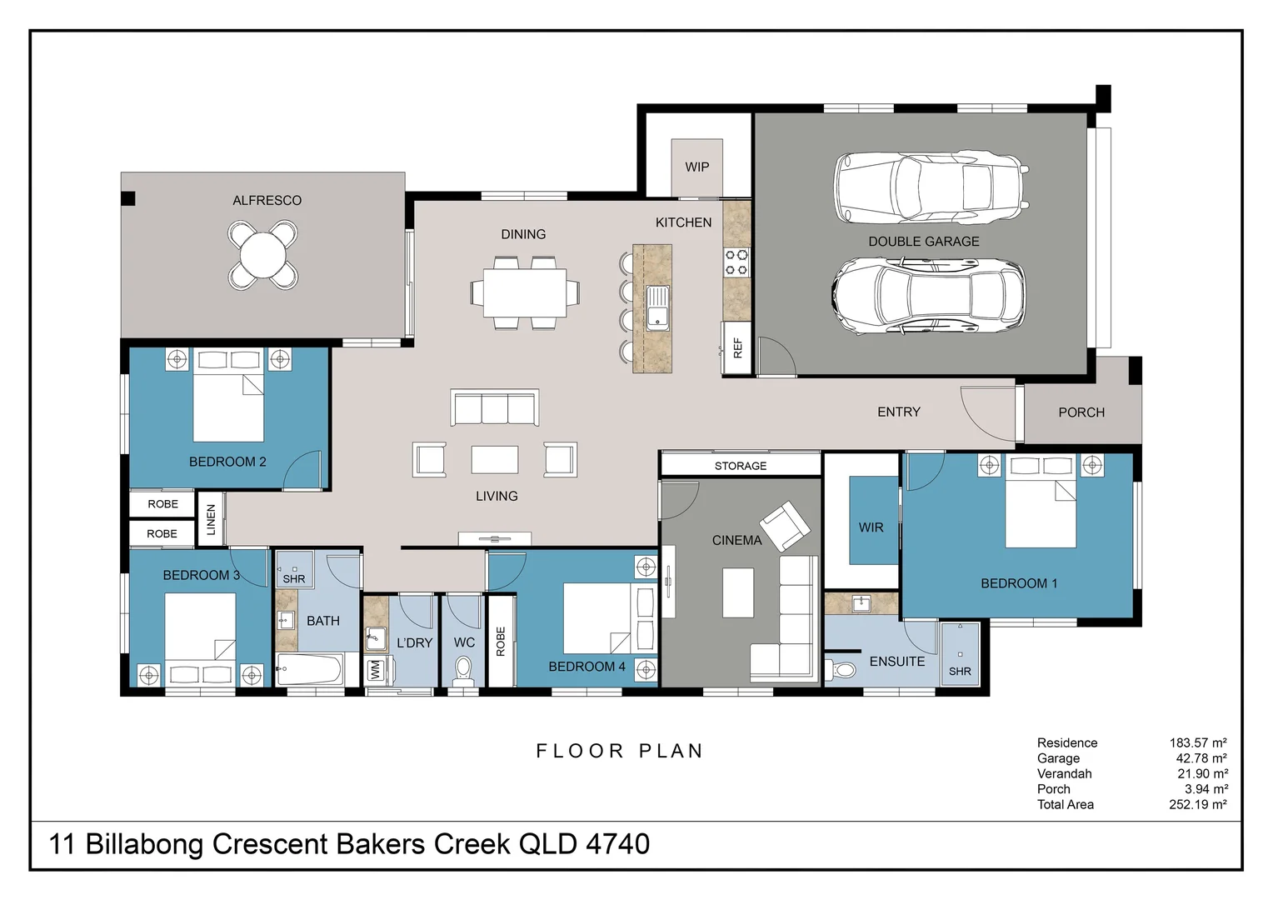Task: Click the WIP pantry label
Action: click(x=696, y=167)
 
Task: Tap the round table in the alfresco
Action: click(x=262, y=255)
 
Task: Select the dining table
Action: click(x=525, y=292)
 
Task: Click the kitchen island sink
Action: click(x=657, y=307)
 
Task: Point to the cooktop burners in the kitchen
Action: click(x=736, y=262)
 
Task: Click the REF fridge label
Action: click(x=737, y=348)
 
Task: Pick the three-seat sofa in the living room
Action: click(x=494, y=407)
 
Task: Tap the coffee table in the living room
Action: click(x=494, y=459)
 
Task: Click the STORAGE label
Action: click(x=741, y=466)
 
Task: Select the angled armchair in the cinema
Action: click(x=785, y=526)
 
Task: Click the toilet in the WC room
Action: click(x=463, y=672)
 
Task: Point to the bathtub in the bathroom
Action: click(x=309, y=669)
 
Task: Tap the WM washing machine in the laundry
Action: click(x=375, y=671)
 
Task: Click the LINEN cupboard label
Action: click(x=211, y=520)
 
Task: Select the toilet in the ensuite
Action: click(x=840, y=670)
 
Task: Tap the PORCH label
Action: click(x=1081, y=412)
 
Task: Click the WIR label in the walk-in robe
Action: click(x=871, y=527)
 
